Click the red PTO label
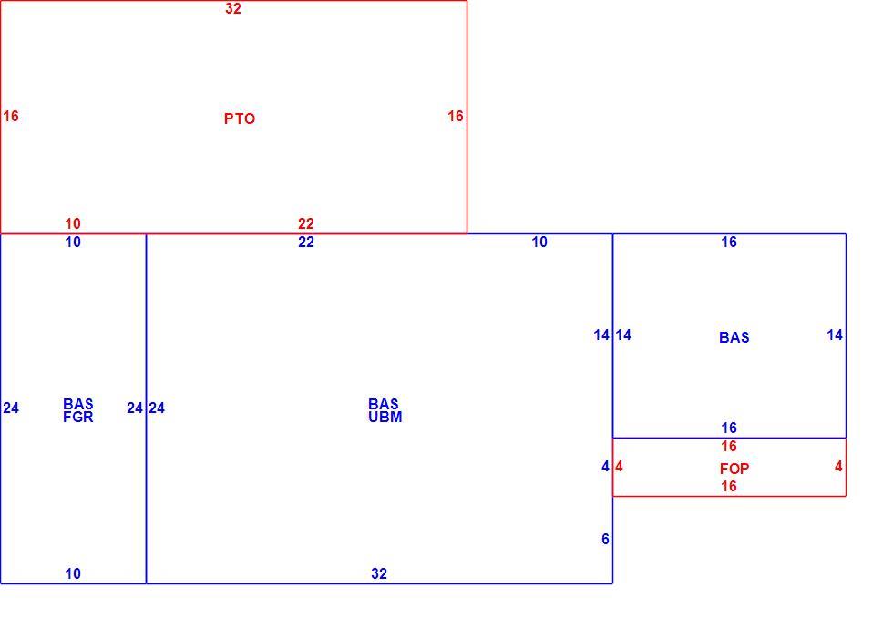click(x=239, y=119)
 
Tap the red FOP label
click(x=734, y=469)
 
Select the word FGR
click(x=78, y=418)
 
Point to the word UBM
click(x=385, y=418)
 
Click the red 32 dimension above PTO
click(x=233, y=8)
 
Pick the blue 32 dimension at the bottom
click(x=379, y=573)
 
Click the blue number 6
click(x=605, y=539)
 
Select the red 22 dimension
click(x=306, y=223)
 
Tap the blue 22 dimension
click(x=306, y=243)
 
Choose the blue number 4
click(x=605, y=466)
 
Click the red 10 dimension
click(x=73, y=223)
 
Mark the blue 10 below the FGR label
click(x=73, y=573)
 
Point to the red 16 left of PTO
click(x=11, y=117)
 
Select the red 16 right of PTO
click(x=455, y=117)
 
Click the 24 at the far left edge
click(x=11, y=408)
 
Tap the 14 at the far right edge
click(x=835, y=335)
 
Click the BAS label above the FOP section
click(x=734, y=337)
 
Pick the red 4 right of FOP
click(x=838, y=466)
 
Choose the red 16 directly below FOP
click(x=728, y=486)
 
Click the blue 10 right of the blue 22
click(x=539, y=243)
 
